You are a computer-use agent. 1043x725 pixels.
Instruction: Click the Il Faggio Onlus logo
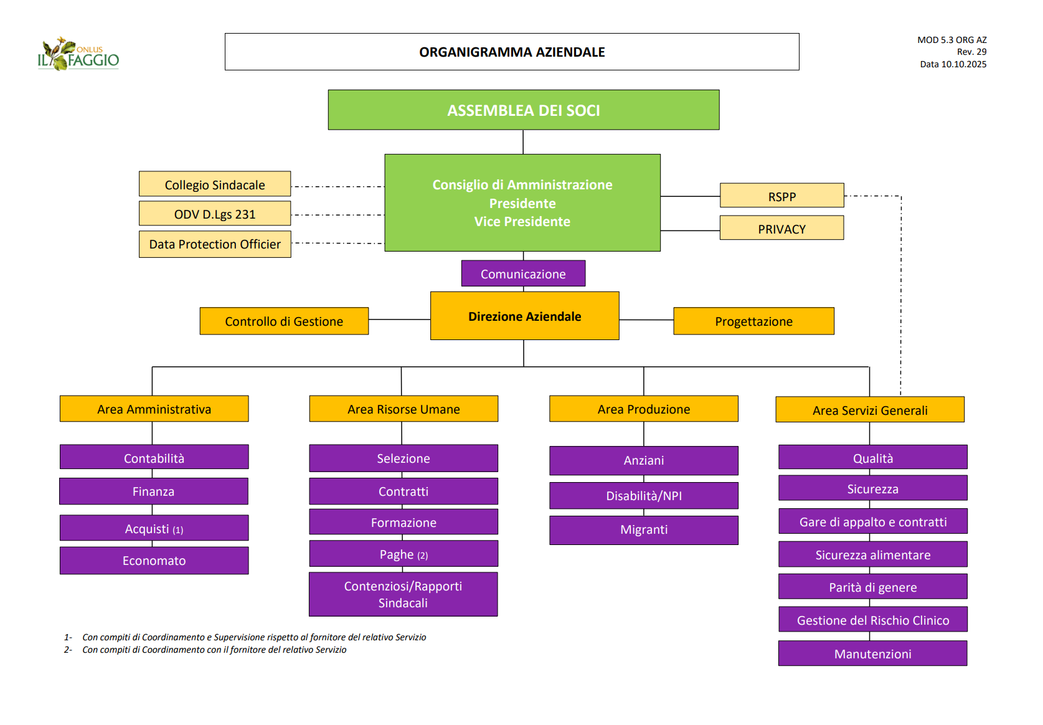[x=78, y=54]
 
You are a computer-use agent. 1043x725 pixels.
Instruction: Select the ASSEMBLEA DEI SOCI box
[x=523, y=110]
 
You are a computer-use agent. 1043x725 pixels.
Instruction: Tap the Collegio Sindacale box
[x=215, y=184]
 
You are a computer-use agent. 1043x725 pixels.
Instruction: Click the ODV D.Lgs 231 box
[x=215, y=214]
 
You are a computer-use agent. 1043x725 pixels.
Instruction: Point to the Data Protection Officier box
[x=215, y=244]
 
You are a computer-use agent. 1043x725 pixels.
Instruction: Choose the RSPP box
[x=781, y=196]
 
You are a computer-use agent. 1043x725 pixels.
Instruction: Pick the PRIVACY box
[x=781, y=228]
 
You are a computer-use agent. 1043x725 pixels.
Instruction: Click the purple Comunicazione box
[x=523, y=273]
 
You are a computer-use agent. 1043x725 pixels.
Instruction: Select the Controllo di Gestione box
[x=284, y=321]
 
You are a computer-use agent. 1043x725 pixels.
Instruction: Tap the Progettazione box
[x=753, y=321]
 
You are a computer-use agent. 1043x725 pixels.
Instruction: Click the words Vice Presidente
[x=522, y=222]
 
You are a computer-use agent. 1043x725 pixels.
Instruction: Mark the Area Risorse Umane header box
[x=404, y=409]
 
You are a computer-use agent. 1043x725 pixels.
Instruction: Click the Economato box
[x=154, y=561]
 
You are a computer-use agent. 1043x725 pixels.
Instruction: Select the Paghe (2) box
[x=404, y=554]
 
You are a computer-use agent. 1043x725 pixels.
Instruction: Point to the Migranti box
[x=644, y=529]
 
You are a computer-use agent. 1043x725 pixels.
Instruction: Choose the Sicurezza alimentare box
[x=872, y=554]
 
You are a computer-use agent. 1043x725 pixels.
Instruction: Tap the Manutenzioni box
[x=872, y=653]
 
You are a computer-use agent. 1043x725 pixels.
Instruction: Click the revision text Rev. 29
[x=971, y=52]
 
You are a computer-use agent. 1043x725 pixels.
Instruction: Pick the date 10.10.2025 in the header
[x=963, y=64]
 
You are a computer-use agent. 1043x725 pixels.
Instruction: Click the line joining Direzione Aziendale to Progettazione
[x=646, y=320]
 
